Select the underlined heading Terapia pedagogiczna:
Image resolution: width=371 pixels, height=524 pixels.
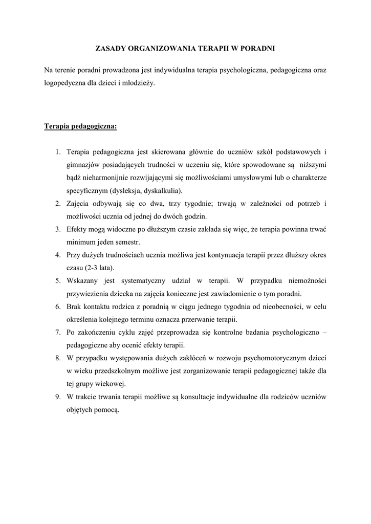tap(81, 126)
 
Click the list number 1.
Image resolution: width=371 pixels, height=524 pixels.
tap(59, 152)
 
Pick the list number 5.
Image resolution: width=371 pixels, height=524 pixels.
tap(59, 280)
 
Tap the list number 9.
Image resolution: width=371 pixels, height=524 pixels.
tap(59, 397)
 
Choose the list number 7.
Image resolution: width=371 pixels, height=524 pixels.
tap(59, 332)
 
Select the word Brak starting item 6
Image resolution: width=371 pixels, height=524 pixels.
tap(75, 307)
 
